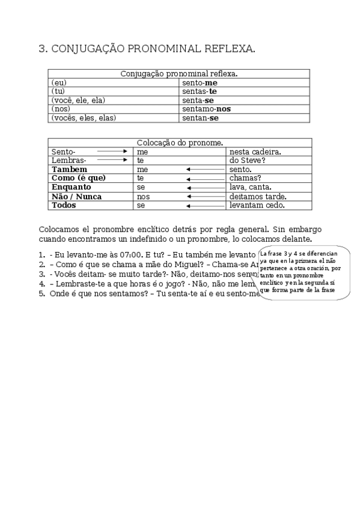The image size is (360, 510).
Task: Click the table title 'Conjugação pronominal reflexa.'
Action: [179, 73]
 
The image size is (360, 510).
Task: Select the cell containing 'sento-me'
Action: [200, 82]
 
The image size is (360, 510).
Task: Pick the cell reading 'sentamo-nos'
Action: [206, 109]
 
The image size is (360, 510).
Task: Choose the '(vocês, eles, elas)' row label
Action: [84, 118]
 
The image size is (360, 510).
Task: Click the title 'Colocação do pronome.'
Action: [180, 143]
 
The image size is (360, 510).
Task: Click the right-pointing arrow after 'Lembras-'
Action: [113, 161]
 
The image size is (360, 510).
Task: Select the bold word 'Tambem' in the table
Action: [70, 170]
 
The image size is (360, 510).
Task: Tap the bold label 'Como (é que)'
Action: [79, 179]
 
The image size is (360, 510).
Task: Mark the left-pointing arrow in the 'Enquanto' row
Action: [205, 188]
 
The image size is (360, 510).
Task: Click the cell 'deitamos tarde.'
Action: [258, 197]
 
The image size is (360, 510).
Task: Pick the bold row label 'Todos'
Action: [66, 205]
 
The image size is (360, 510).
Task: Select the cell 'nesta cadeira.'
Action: [255, 152]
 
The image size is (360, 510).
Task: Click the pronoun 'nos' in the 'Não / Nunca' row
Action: [143, 197]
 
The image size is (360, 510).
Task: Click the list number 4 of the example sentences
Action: [42, 284]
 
